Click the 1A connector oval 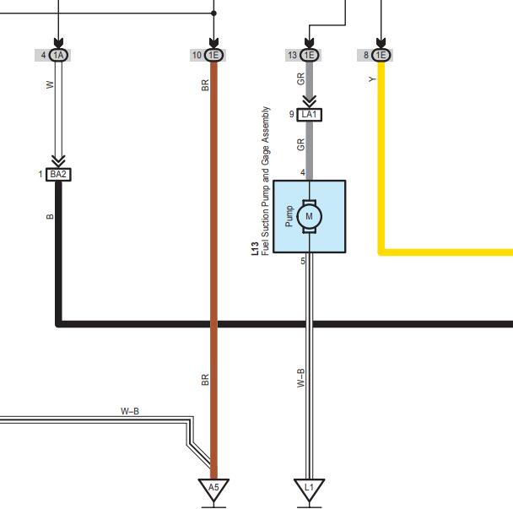pos(58,55)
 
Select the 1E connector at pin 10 pos(213,55)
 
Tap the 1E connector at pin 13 pos(309,55)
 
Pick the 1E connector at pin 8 pos(381,55)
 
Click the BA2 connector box pos(58,175)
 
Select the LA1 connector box pos(309,115)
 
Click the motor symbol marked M pos(309,216)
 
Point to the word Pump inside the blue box pos(289,216)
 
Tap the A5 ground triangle pos(213,490)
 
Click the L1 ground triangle pos(309,490)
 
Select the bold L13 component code pos(255,249)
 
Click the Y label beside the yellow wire pos(372,79)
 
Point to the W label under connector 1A pos(50,84)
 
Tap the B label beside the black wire pos(50,216)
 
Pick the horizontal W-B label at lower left pos(130,411)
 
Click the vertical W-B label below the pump pos(300,378)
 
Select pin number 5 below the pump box pos(303,261)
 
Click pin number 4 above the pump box pos(303,172)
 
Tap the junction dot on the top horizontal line pos(213,14)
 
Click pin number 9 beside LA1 pos(291,114)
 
